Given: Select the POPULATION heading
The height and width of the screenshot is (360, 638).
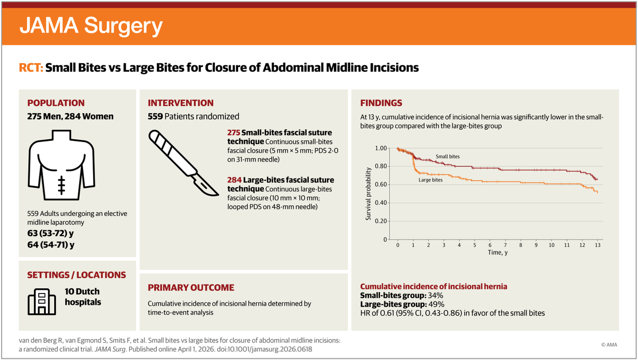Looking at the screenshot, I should [x=56, y=103].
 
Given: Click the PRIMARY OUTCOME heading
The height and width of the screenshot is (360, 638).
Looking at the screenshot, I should [x=191, y=288].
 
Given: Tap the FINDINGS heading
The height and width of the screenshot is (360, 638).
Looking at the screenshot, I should [x=381, y=103].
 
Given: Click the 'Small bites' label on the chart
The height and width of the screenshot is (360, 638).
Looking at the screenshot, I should [x=447, y=157].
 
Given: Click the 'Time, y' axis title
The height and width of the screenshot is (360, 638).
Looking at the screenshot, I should [x=497, y=252].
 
